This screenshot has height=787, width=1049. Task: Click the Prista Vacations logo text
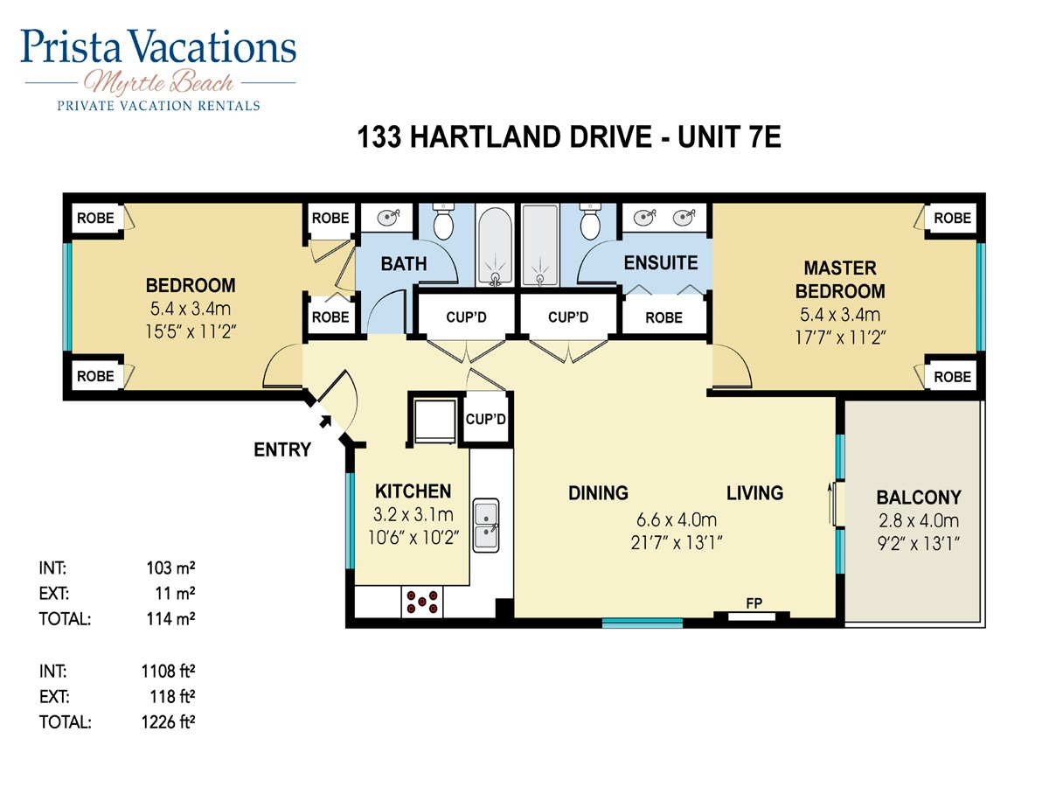click(158, 46)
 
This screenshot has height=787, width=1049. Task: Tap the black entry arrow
click(325, 421)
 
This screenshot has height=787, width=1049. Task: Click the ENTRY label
click(282, 449)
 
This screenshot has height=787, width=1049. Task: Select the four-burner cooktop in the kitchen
click(422, 602)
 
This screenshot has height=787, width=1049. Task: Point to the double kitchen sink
click(486, 526)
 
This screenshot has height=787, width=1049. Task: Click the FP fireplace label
click(754, 603)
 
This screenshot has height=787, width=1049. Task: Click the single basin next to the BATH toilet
click(388, 218)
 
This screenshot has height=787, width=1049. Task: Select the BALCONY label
click(919, 498)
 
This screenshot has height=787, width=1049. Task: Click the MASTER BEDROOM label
click(840, 280)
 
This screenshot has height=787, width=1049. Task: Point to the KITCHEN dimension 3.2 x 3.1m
click(413, 515)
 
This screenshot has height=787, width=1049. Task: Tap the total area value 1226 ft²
click(168, 722)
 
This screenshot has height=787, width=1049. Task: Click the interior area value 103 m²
click(170, 568)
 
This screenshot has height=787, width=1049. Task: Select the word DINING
click(598, 493)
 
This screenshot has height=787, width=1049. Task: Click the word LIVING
click(755, 493)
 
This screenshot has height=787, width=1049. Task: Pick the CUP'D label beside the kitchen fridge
click(485, 419)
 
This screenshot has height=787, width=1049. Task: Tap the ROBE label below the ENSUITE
click(663, 317)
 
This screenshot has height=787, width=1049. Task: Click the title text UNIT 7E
click(729, 137)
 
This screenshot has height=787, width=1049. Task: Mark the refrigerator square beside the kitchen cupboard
click(434, 422)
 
